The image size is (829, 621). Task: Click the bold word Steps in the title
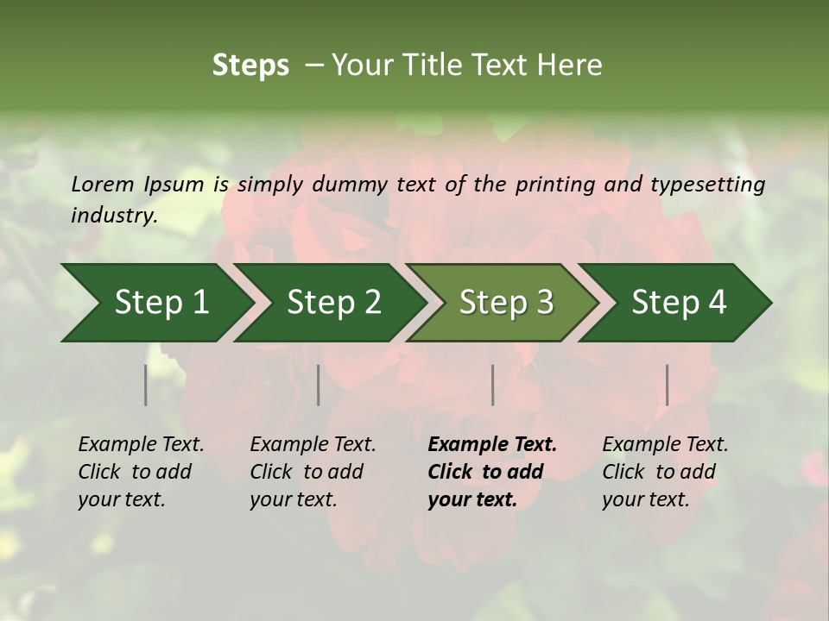click(250, 66)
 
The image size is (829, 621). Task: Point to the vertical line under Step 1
click(146, 385)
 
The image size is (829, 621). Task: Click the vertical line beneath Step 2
click(319, 385)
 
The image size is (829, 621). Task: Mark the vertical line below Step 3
click(492, 385)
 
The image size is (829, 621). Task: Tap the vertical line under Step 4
click(667, 385)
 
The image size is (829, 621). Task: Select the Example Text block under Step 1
click(141, 472)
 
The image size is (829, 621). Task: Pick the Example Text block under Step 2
click(313, 472)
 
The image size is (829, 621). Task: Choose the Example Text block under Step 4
click(665, 472)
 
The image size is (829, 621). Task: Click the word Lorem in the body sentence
click(103, 185)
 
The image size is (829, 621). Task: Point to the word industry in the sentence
click(113, 216)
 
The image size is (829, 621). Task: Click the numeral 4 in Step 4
click(717, 303)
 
